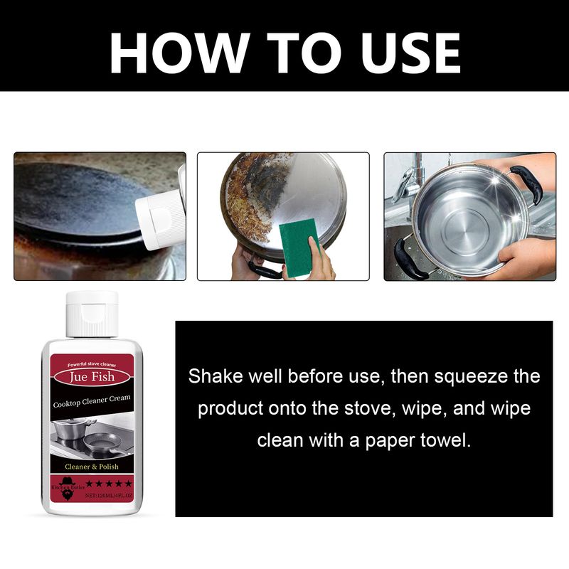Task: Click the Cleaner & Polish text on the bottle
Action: [x=92, y=467]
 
